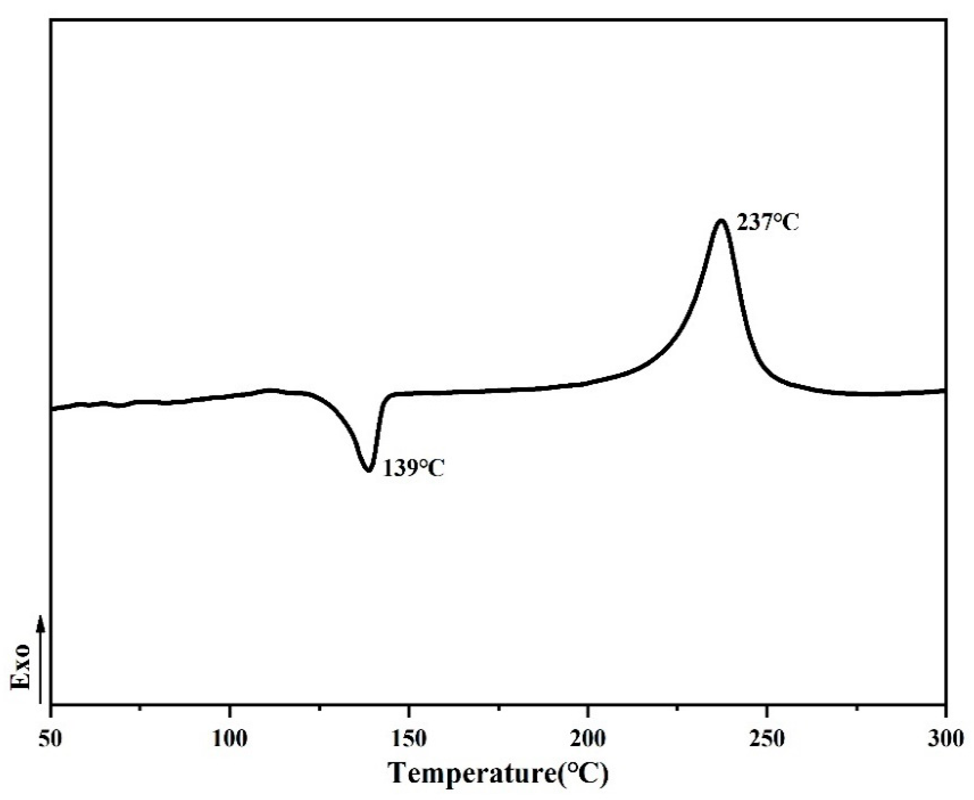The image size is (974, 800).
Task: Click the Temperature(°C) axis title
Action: (x=498, y=773)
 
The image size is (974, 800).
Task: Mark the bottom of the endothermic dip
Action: (x=368, y=470)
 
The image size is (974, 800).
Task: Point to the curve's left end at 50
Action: (x=53, y=408)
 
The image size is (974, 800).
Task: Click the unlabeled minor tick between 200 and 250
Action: (x=677, y=708)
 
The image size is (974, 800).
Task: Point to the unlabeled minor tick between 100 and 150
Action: (x=319, y=708)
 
